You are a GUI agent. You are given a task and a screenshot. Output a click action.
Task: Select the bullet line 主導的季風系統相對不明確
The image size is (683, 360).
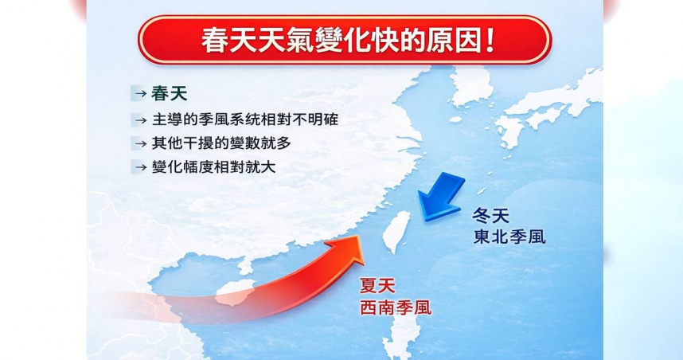(x=236, y=120)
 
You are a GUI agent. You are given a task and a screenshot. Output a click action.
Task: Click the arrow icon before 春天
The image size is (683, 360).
(x=139, y=95)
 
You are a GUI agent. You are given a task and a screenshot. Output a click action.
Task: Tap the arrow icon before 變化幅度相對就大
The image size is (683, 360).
(x=139, y=168)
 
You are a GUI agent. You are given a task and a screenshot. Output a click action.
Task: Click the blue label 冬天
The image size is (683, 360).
(x=491, y=215)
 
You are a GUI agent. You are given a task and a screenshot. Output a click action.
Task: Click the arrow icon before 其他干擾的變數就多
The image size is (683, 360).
(x=139, y=144)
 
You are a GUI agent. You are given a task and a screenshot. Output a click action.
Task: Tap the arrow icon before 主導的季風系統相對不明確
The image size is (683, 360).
(x=139, y=120)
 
